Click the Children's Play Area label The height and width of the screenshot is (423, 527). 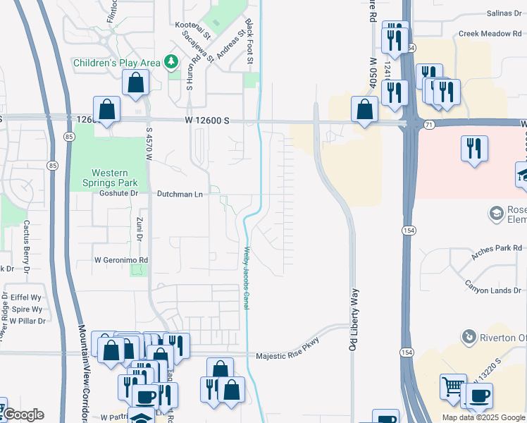[118, 63]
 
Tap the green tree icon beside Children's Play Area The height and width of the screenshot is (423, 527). [170, 63]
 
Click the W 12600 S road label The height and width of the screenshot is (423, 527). [208, 121]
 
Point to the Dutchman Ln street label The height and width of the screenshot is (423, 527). [180, 193]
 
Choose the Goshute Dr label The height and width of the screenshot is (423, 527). [117, 193]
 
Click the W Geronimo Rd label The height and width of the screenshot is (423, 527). [121, 259]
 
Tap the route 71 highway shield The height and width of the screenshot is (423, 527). [429, 124]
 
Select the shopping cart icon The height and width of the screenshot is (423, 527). [453, 387]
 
